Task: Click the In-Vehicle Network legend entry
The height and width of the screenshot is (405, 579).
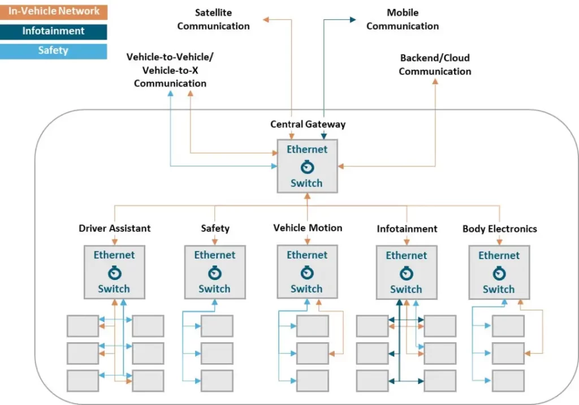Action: (54, 11)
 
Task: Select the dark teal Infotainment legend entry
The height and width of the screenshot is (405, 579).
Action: (54, 31)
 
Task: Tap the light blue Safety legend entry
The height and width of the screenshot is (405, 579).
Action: (54, 51)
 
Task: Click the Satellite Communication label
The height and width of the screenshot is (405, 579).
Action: (213, 19)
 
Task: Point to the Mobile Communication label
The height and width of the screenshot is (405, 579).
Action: (403, 19)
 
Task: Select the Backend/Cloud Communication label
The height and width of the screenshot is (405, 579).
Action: (435, 64)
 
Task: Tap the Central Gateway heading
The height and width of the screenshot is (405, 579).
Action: (308, 124)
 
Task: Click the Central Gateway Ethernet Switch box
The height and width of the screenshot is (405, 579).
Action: (307, 166)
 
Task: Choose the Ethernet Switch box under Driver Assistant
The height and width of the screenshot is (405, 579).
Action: (114, 272)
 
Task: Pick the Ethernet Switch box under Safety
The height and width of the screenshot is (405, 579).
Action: (215, 272)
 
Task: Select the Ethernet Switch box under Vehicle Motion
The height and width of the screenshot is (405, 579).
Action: (307, 272)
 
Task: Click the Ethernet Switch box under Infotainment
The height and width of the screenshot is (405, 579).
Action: (406, 272)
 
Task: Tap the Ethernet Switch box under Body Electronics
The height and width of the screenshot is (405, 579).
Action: (499, 272)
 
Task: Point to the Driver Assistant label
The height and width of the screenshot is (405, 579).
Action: (115, 229)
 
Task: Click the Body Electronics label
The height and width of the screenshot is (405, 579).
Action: (499, 229)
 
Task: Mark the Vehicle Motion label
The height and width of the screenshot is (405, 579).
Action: (308, 228)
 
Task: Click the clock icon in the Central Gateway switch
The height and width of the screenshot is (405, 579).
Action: (307, 166)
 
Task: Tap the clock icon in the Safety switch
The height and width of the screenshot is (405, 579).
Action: (215, 273)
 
